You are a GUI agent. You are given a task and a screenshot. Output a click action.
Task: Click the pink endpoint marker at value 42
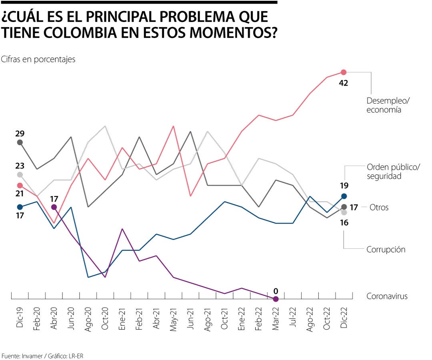[344, 72]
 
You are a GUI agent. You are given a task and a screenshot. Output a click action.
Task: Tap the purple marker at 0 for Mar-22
[276, 299]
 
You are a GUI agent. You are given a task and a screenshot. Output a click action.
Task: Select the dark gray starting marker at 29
[20, 142]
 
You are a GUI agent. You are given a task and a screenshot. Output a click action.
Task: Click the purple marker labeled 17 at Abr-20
[54, 207]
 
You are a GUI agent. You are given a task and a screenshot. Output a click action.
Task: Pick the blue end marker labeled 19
[344, 196]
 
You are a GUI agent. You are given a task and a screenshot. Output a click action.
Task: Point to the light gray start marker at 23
[20, 174]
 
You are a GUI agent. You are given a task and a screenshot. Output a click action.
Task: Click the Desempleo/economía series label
[388, 104]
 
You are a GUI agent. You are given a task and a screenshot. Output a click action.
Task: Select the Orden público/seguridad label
[393, 171]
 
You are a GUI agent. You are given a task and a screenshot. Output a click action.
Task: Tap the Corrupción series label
[386, 250]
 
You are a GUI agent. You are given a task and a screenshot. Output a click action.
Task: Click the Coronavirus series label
[387, 296]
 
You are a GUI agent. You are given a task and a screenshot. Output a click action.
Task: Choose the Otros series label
[379, 208]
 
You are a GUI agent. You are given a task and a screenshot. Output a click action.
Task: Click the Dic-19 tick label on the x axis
[20, 318]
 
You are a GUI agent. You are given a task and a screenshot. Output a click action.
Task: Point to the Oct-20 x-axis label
[105, 318]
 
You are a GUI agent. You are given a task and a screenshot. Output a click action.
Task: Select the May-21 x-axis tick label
[173, 318]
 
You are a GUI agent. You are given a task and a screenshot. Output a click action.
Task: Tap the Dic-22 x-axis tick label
[344, 318]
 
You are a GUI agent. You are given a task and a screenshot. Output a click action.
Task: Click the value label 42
[343, 83]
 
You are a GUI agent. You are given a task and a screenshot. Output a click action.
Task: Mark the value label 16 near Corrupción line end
[344, 223]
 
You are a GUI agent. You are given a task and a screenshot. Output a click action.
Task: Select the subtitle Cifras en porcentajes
[38, 59]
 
